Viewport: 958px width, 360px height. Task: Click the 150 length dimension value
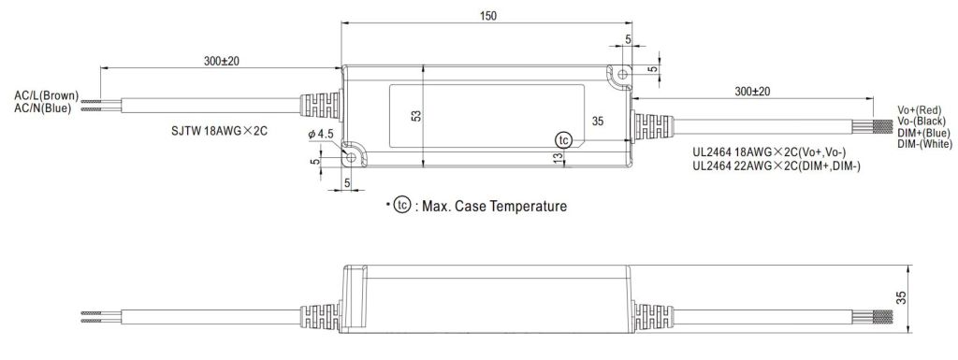click(x=488, y=16)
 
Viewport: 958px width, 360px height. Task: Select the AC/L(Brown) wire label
click(x=47, y=95)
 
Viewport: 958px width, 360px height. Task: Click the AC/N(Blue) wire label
click(x=43, y=108)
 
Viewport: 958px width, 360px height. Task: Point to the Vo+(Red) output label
click(x=920, y=109)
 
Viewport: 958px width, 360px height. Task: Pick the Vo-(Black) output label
click(x=922, y=121)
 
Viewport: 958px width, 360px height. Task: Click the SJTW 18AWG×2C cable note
click(x=219, y=131)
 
